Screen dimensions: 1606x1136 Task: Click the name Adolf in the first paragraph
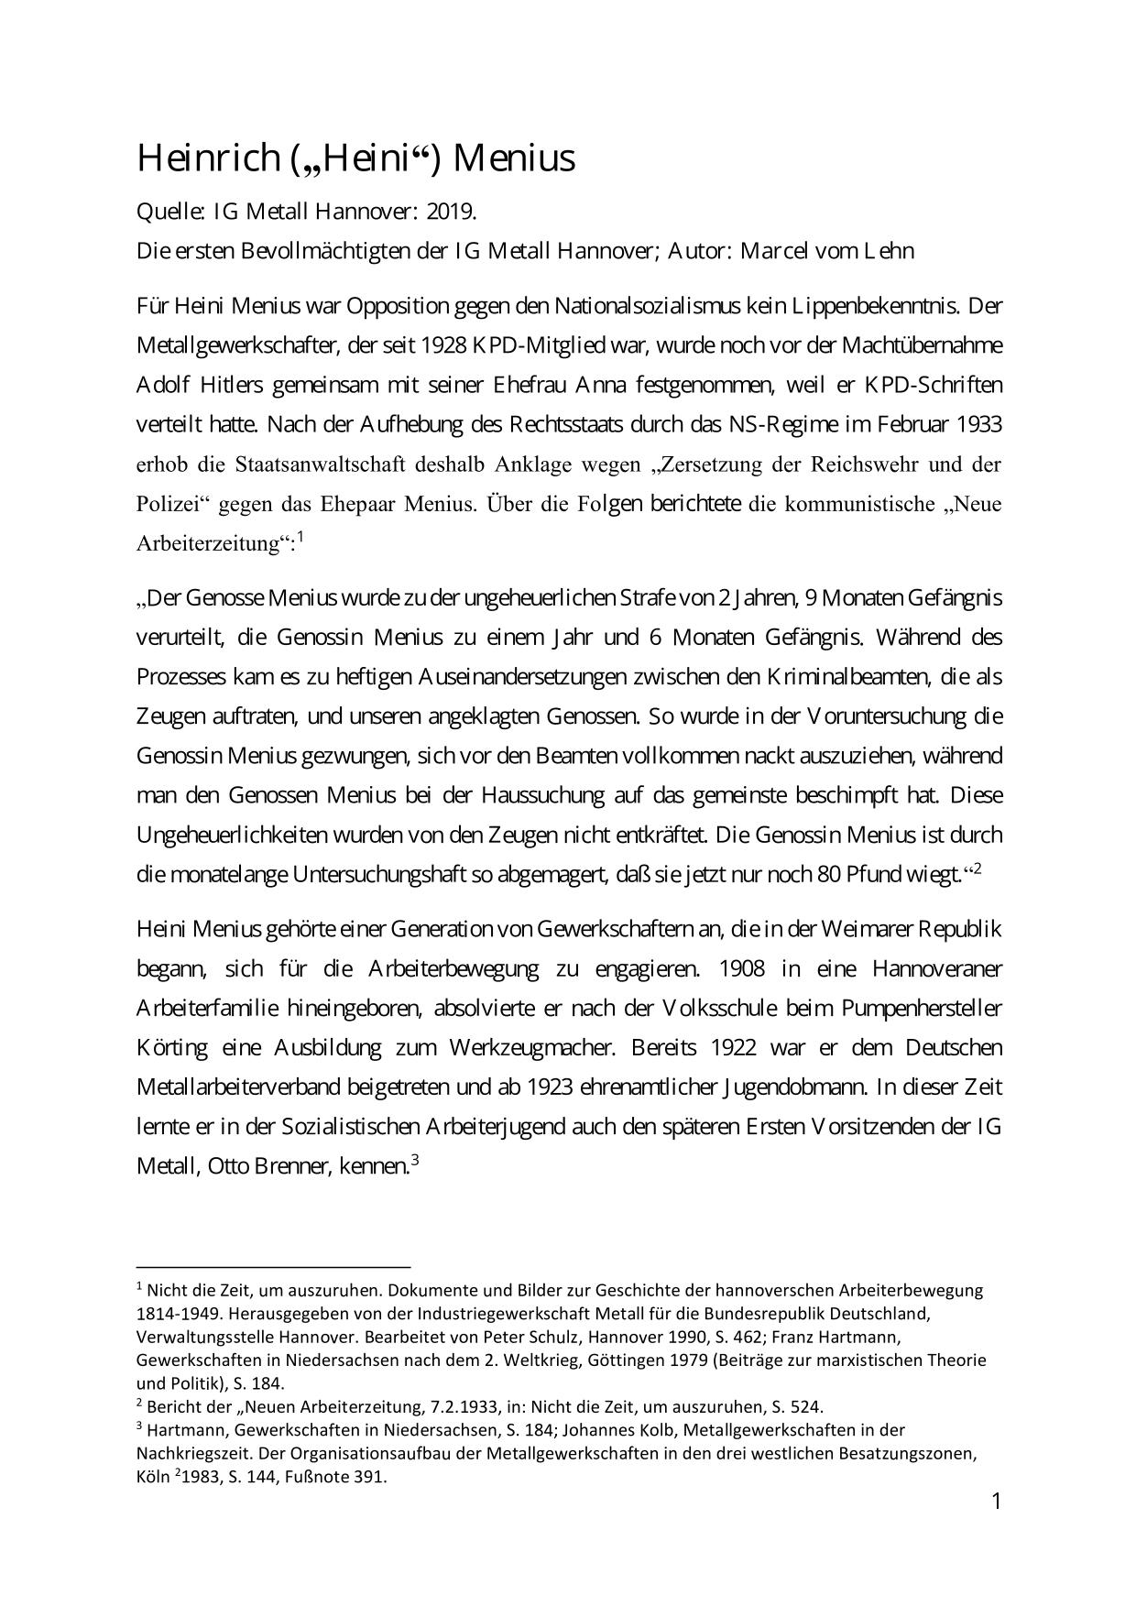tap(162, 385)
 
